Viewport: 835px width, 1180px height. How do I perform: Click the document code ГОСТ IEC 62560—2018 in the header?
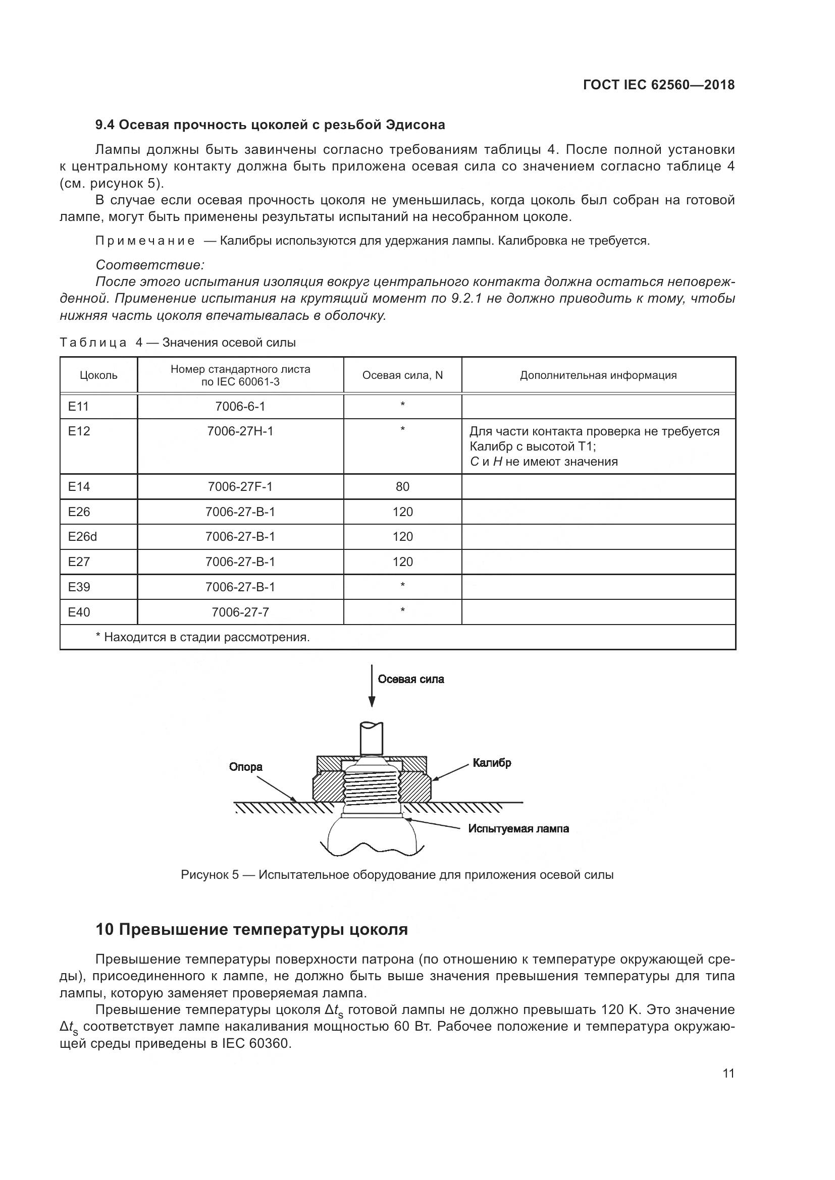click(659, 85)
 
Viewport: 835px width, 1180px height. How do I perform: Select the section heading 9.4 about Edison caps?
click(270, 125)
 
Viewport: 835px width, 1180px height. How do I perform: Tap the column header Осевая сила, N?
click(402, 375)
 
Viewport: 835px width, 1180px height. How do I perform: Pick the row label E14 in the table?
click(79, 486)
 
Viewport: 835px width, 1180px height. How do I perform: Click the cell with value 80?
click(402, 486)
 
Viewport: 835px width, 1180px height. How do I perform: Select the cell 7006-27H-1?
click(240, 431)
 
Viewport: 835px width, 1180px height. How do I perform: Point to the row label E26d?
click(82, 537)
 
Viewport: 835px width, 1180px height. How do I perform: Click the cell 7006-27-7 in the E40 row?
click(240, 612)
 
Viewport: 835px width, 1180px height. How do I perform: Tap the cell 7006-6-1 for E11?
click(240, 407)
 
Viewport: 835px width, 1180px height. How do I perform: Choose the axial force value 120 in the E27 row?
click(402, 561)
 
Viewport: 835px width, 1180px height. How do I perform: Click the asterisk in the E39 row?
click(402, 585)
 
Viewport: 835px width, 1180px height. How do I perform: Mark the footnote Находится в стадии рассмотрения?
click(203, 637)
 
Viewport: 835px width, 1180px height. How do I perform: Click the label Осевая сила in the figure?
click(410, 680)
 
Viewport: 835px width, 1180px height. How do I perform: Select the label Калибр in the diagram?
click(492, 763)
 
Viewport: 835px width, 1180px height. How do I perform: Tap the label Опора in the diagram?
click(246, 767)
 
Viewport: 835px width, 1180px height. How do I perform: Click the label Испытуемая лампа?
click(518, 828)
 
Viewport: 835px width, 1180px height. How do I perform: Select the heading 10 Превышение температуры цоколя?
click(251, 929)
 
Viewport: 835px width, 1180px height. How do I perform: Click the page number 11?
click(728, 1073)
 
